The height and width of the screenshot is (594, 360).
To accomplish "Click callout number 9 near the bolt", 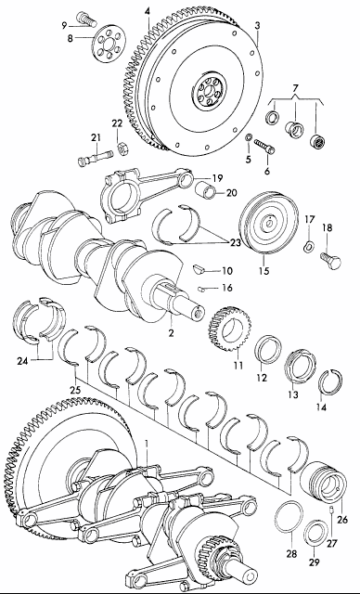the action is click(x=64, y=25).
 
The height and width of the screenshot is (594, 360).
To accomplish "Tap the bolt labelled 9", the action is click(x=86, y=18).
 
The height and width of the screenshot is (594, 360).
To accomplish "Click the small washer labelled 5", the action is click(x=249, y=137).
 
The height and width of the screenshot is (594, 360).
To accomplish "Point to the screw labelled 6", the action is click(x=264, y=147).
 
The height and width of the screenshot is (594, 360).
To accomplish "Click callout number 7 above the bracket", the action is click(x=296, y=88).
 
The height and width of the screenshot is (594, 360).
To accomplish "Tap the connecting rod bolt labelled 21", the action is click(x=96, y=157).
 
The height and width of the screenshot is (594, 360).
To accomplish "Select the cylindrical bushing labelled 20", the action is click(x=206, y=188).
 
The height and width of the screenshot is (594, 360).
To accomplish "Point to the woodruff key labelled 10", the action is click(x=199, y=268).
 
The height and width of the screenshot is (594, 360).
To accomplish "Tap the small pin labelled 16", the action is click(x=201, y=290).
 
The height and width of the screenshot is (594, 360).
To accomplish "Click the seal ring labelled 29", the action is click(x=316, y=536).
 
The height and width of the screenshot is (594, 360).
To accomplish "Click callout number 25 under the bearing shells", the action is click(x=75, y=390).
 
